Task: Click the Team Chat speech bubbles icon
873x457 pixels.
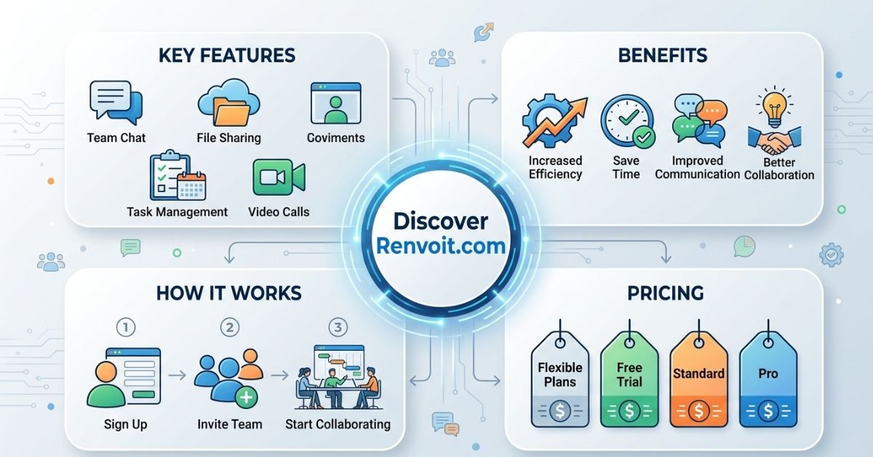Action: click(x=116, y=103)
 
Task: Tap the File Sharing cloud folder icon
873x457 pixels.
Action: click(x=228, y=102)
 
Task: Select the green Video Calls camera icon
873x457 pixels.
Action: click(x=279, y=177)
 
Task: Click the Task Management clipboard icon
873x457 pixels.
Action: click(x=178, y=175)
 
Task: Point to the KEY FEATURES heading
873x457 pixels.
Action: click(x=227, y=55)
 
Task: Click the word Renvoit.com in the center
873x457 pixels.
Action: click(x=441, y=246)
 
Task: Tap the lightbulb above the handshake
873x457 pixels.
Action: click(x=774, y=106)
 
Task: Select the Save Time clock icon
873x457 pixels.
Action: click(x=627, y=122)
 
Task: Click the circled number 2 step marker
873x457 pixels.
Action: click(x=230, y=327)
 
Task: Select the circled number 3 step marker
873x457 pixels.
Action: click(x=338, y=327)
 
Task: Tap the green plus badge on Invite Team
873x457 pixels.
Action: click(x=247, y=397)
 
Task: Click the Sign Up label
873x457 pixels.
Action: click(x=125, y=424)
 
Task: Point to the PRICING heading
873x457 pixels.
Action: click(x=666, y=293)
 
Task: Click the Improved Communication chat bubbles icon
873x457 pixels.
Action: click(x=700, y=121)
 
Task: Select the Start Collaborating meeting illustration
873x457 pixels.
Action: click(x=338, y=377)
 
